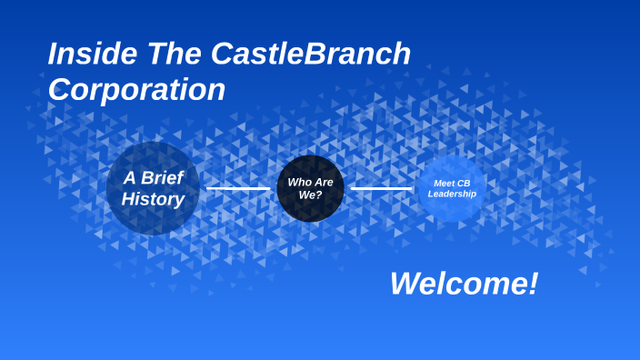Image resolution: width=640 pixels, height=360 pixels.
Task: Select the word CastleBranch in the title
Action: pos(311,55)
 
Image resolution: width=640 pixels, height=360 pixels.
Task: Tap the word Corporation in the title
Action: pos(136,90)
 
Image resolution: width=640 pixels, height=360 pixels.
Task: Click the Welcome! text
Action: pos(464,284)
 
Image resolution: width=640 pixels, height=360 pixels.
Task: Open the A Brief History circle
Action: pos(153,188)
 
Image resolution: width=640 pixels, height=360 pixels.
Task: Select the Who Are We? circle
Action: pos(310,188)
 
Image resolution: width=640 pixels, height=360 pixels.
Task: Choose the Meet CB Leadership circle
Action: pos(452,188)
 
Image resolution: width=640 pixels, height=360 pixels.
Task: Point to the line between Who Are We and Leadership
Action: pos(381,188)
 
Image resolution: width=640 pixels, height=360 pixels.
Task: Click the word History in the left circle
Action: pos(153,199)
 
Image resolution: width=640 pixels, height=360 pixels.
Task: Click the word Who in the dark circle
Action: pos(299,182)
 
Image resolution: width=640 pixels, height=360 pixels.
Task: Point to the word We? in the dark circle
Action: pos(311,195)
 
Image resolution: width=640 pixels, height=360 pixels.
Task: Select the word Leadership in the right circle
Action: pos(452,194)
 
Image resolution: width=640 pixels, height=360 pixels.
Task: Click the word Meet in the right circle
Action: pos(443,183)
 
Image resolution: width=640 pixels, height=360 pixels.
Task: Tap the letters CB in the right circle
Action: pos(464,183)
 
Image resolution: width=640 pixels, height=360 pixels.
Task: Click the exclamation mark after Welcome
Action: pos(532,284)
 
